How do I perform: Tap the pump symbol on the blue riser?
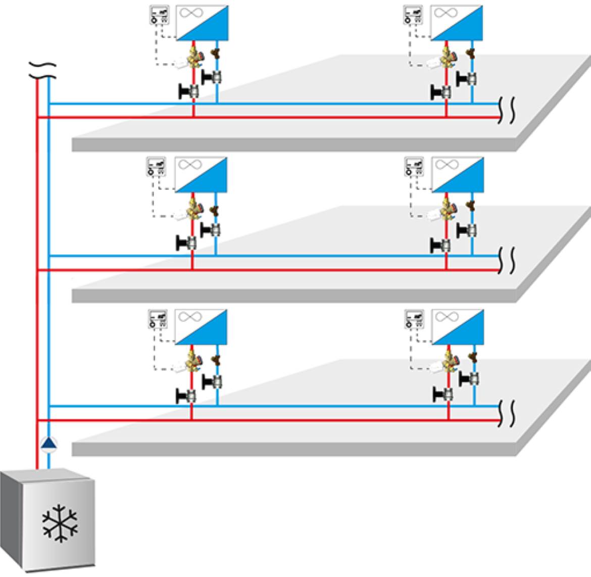coord(48,444)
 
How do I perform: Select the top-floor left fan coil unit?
coord(202,23)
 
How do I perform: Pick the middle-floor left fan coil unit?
coord(201,174)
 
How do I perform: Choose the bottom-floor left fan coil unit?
coord(201,327)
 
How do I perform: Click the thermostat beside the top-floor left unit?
coord(159,15)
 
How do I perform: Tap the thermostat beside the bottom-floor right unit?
coord(414,319)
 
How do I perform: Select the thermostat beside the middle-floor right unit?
coord(414,166)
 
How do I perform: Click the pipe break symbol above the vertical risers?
coord(42,71)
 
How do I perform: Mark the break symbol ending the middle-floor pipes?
coord(507,261)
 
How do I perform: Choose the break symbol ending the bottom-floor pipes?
coord(507,413)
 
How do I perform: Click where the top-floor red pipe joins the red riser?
coord(37,118)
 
